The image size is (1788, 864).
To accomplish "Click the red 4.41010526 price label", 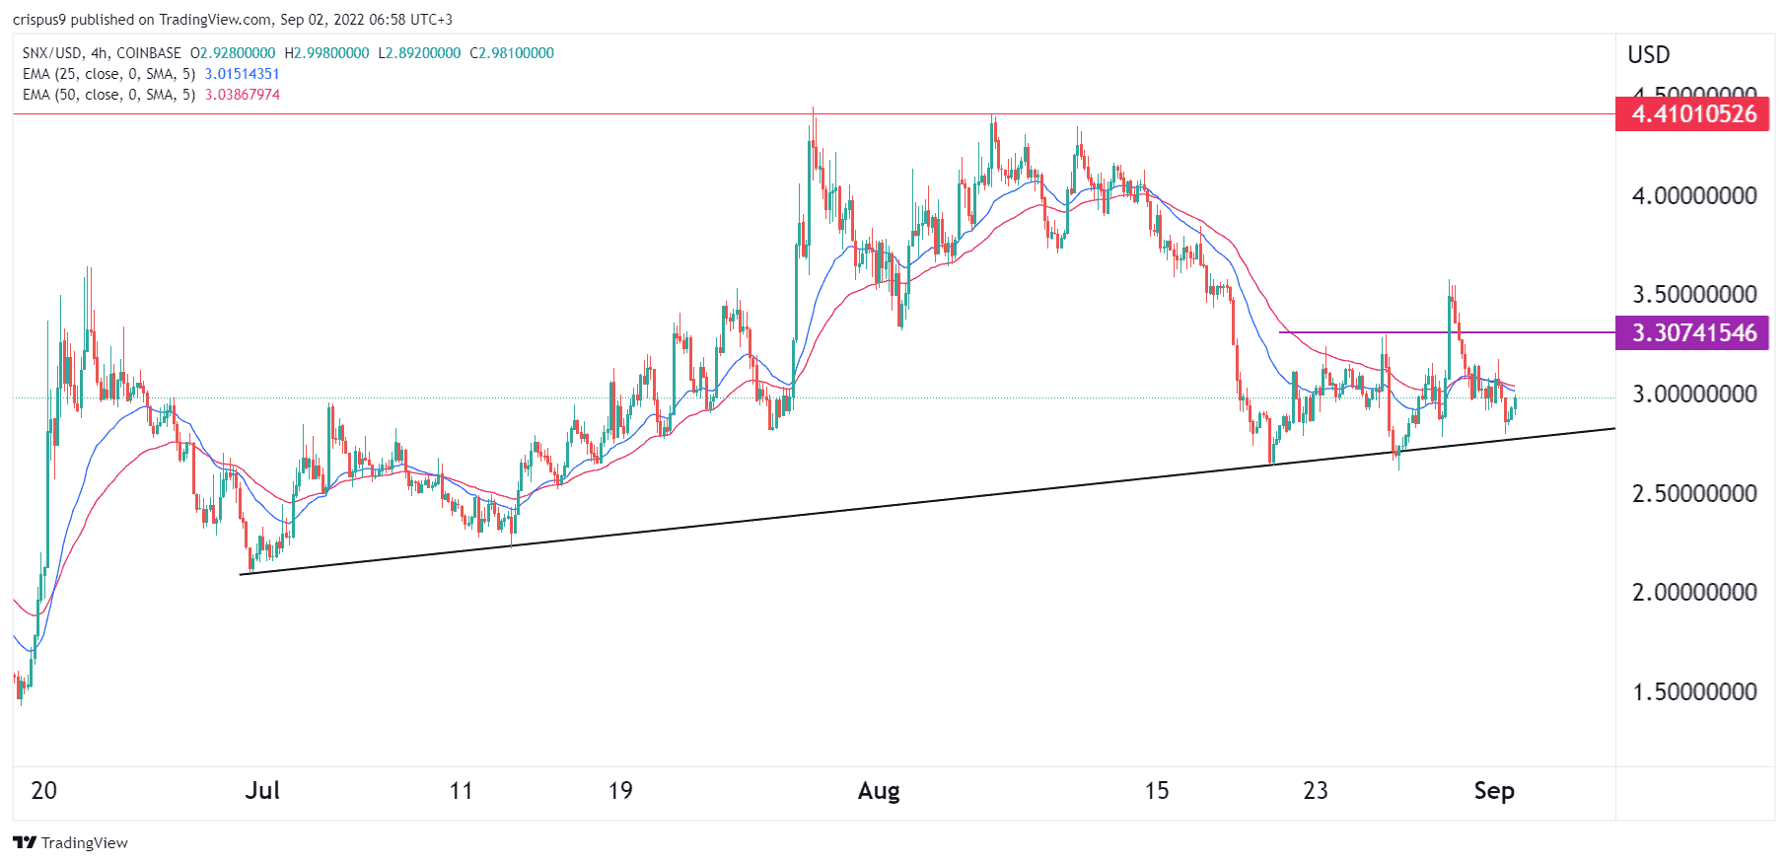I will pos(1692,114).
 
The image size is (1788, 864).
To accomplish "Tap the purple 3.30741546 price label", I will pos(1692,333).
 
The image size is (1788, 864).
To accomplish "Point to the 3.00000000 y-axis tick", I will pos(1694,395).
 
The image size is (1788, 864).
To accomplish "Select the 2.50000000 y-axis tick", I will pos(1694,493).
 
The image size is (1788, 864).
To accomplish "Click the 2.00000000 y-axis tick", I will pos(1694,593).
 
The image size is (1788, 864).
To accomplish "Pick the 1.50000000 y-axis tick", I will pos(1694,692).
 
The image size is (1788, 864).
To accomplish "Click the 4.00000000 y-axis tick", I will pos(1694,196).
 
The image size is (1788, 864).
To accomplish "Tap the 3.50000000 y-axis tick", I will pos(1694,295).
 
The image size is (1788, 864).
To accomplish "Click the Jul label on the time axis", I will pos(262,791).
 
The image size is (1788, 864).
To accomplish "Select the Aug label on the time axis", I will pos(879,791).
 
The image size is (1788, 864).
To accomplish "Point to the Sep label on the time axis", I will pos(1494,791).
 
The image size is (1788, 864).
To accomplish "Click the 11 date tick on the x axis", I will pos(461,791).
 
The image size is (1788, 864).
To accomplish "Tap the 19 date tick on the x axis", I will pos(620,791).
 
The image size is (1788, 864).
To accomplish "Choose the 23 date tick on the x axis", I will pos(1316,791).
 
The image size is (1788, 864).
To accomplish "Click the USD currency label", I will pos(1649,55).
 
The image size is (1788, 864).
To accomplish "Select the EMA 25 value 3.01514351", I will pos(242,74).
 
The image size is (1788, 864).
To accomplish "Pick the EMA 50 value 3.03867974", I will pos(242,95).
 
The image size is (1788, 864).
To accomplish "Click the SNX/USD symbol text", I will pos(52,53).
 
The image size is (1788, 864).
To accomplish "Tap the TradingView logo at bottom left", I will pos(71,843).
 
